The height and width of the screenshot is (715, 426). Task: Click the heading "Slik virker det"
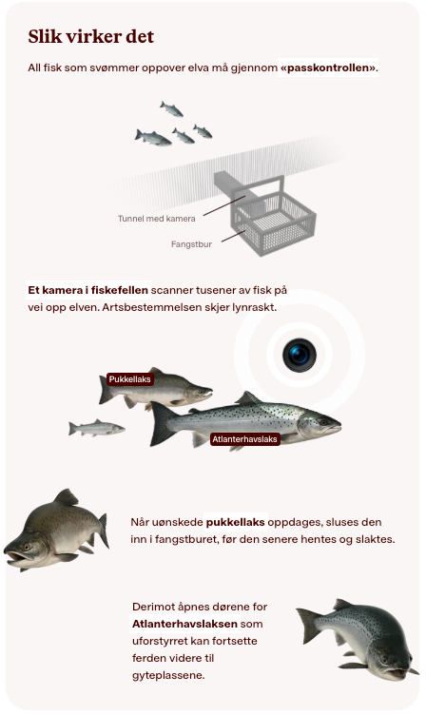90,36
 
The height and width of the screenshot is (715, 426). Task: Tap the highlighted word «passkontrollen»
328,68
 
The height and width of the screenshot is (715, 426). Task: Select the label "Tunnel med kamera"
157,219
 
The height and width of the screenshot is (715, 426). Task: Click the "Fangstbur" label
191,244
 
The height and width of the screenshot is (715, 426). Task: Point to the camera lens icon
300,355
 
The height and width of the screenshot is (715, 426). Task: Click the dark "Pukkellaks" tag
130,379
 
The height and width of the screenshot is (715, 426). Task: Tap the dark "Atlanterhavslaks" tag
245,439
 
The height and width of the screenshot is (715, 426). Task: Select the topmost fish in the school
171,109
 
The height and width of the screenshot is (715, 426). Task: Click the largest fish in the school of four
153,137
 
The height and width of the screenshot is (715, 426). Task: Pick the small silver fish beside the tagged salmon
96,428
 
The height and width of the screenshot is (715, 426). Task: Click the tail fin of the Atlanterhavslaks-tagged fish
161,424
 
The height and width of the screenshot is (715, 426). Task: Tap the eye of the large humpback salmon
27,547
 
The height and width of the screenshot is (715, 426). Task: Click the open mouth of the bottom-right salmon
395,672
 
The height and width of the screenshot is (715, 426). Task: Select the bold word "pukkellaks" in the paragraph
236,522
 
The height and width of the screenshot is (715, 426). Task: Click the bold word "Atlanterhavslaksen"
184,624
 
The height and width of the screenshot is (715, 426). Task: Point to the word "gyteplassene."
168,675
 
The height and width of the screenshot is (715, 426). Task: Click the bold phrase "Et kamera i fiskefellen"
88,290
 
